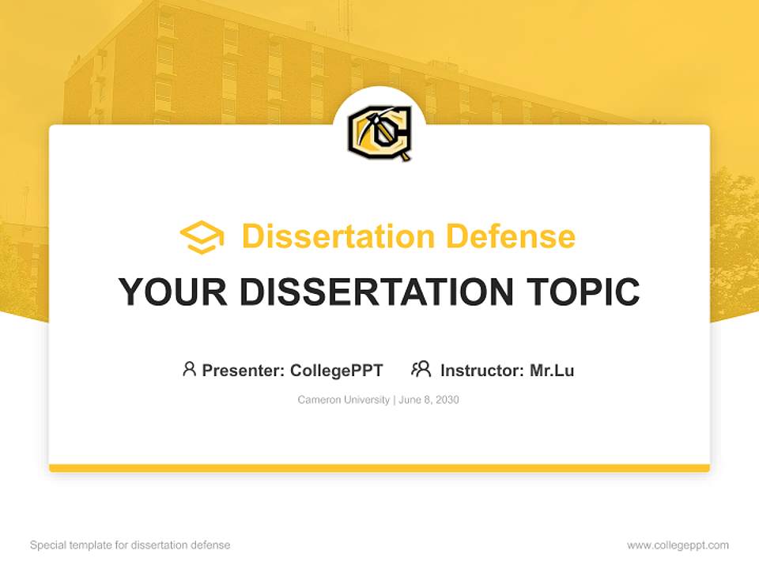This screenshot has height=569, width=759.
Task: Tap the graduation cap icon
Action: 202,237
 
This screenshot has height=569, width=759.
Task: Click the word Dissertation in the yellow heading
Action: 338,236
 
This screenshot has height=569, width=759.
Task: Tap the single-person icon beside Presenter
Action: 189,369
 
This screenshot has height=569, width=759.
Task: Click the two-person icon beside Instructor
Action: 421,369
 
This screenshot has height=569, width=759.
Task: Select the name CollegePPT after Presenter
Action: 337,371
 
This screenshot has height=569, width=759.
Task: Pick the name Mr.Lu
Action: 552,371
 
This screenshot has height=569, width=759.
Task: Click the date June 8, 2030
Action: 429,400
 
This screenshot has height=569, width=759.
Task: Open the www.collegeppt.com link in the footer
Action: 678,545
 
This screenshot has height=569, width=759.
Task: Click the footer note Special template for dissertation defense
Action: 130,545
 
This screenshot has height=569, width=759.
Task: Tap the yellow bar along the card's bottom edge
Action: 379,468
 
